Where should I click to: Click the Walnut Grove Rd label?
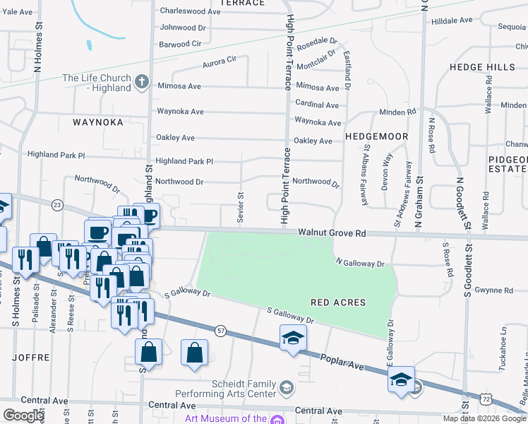point(331,232)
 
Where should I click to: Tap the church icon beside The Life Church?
point(141,81)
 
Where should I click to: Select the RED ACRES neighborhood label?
point(338,302)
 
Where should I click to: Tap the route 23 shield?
point(57,204)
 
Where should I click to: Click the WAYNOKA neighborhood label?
point(98,122)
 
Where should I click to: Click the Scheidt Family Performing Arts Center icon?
point(286,387)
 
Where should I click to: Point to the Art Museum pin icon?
point(277,419)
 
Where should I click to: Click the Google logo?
point(23,415)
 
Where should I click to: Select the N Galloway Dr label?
point(360,264)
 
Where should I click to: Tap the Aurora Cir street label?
point(219,62)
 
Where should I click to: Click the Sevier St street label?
point(241,207)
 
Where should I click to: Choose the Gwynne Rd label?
point(493,290)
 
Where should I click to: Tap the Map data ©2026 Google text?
point(484,418)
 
